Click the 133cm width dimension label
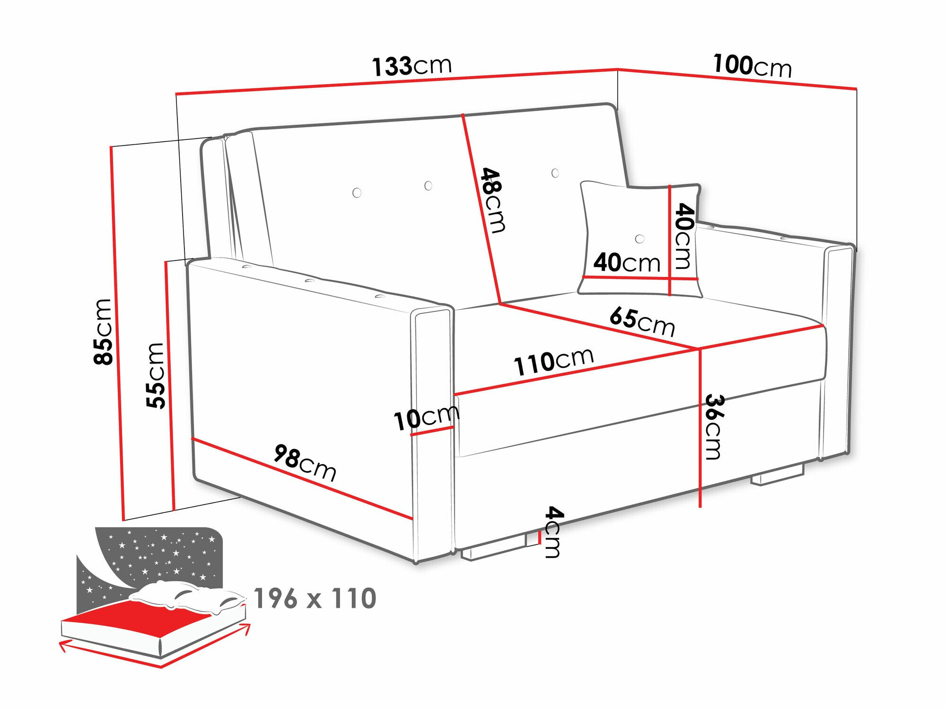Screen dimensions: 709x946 (x=412, y=66)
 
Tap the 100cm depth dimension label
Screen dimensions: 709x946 (x=752, y=66)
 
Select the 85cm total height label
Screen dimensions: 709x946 (x=103, y=332)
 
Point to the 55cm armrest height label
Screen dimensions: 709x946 (x=156, y=376)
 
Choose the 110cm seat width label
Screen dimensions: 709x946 (x=553, y=362)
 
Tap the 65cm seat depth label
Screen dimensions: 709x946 (x=642, y=321)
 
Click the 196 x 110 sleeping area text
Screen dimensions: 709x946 (x=315, y=598)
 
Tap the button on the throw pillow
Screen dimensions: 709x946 (x=640, y=239)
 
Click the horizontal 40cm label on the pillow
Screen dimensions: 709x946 (x=627, y=262)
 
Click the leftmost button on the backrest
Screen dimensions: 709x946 (x=357, y=192)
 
